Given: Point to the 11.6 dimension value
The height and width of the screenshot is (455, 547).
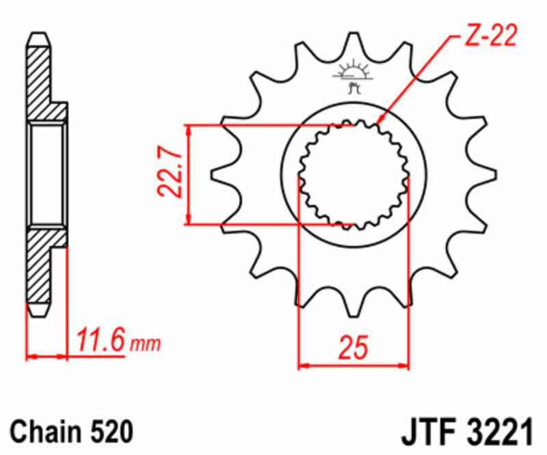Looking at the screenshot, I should coord(101,340).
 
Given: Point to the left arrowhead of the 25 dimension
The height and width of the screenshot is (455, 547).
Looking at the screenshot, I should coord(302,366).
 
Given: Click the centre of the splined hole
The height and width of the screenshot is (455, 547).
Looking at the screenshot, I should coord(353,174).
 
